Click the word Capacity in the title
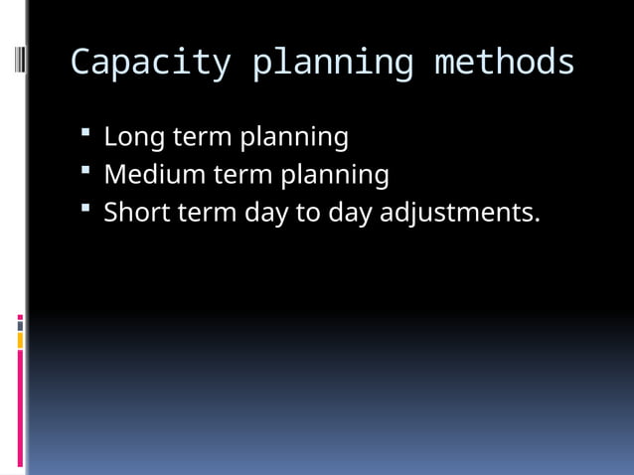point(150,63)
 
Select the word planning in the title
point(332,63)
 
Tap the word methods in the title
point(504,63)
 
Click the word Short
point(137,213)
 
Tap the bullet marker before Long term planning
point(87,130)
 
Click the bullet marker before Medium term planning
point(87,169)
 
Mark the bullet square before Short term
point(87,207)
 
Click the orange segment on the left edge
point(20,341)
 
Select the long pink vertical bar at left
point(20,407)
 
